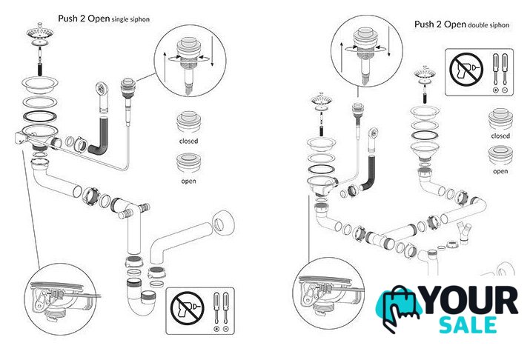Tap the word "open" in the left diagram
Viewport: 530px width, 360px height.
tap(188, 179)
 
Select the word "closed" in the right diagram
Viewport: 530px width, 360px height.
tap(500, 136)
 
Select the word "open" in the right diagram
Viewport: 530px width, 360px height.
tap(500, 171)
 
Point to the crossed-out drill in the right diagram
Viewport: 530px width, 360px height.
tap(464, 71)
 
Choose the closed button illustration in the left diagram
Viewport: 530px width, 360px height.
tap(188, 121)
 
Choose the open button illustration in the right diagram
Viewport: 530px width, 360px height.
tap(500, 156)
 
